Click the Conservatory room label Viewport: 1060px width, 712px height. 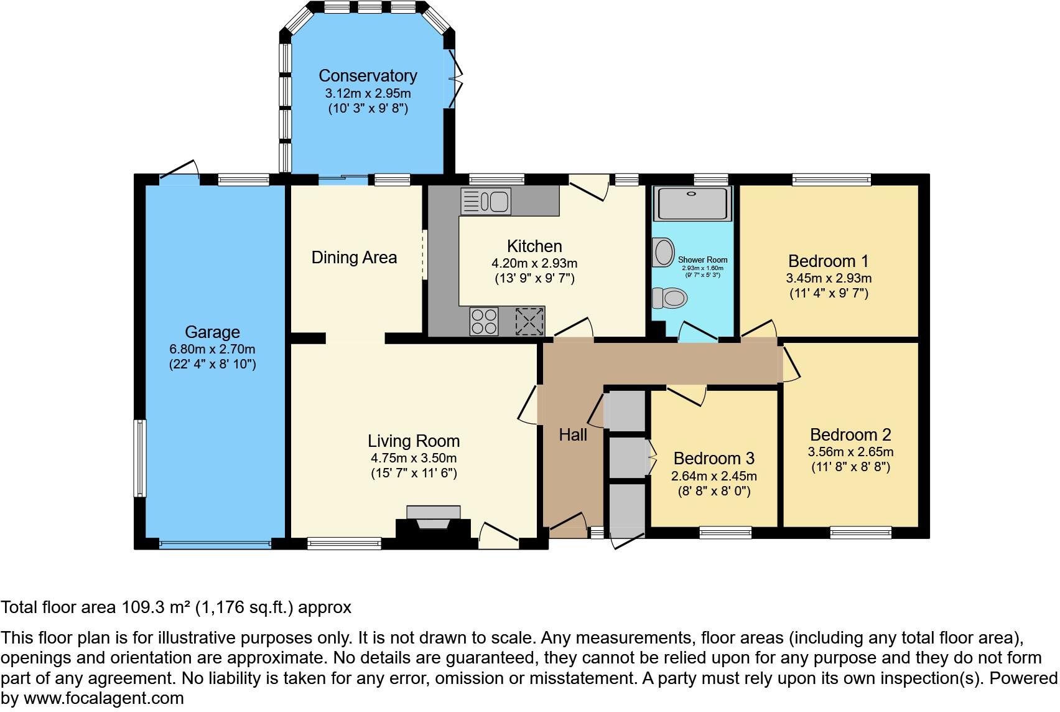(368, 75)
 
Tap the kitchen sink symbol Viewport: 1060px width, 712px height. (485, 201)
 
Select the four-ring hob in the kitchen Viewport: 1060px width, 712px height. (484, 321)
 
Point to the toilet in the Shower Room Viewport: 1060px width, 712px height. (669, 298)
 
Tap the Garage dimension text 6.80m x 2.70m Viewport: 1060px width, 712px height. (212, 349)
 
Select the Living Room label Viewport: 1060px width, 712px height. (414, 441)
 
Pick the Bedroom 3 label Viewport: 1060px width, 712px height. (714, 459)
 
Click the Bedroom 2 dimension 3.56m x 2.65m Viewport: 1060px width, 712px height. (850, 452)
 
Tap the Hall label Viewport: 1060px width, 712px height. (573, 434)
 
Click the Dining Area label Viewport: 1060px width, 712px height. (354, 258)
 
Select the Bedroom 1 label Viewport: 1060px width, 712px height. (828, 261)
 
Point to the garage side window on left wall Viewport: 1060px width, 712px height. (141, 458)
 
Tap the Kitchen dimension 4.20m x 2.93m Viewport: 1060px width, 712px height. (534, 263)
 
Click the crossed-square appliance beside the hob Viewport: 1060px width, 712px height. (529, 321)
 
